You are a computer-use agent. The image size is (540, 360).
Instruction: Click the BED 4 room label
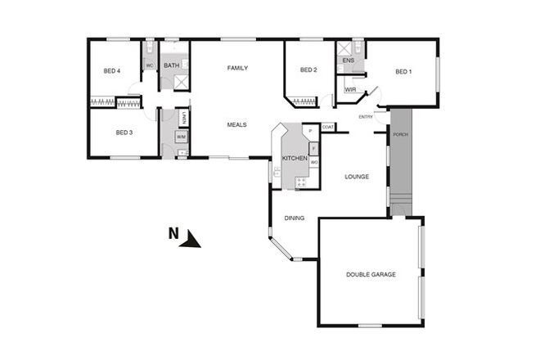[112, 71]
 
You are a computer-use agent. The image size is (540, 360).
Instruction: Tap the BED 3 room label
[124, 133]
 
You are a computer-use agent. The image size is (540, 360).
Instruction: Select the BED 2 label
[308, 70]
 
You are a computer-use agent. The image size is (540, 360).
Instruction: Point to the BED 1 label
[403, 71]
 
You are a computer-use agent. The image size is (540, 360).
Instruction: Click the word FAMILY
[237, 68]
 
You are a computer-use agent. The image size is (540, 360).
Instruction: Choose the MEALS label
[237, 124]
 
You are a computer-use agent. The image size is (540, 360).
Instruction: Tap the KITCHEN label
[295, 157]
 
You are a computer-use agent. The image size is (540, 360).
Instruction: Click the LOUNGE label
[357, 177]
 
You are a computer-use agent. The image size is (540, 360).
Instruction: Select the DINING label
[295, 218]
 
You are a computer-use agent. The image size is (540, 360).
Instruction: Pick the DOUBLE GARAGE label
[371, 275]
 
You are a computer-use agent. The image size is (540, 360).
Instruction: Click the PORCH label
[400, 134]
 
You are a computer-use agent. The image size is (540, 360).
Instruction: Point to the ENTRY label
[366, 117]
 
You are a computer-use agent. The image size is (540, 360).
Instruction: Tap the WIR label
[350, 89]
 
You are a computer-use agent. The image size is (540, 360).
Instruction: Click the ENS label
[348, 61]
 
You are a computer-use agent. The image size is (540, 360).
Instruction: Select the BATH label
[171, 65]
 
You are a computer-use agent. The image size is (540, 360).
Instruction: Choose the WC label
[150, 65]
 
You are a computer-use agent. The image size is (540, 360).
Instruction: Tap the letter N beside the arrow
[173, 233]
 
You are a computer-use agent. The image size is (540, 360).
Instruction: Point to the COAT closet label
[327, 127]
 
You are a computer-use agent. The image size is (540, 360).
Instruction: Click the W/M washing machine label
[180, 137]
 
